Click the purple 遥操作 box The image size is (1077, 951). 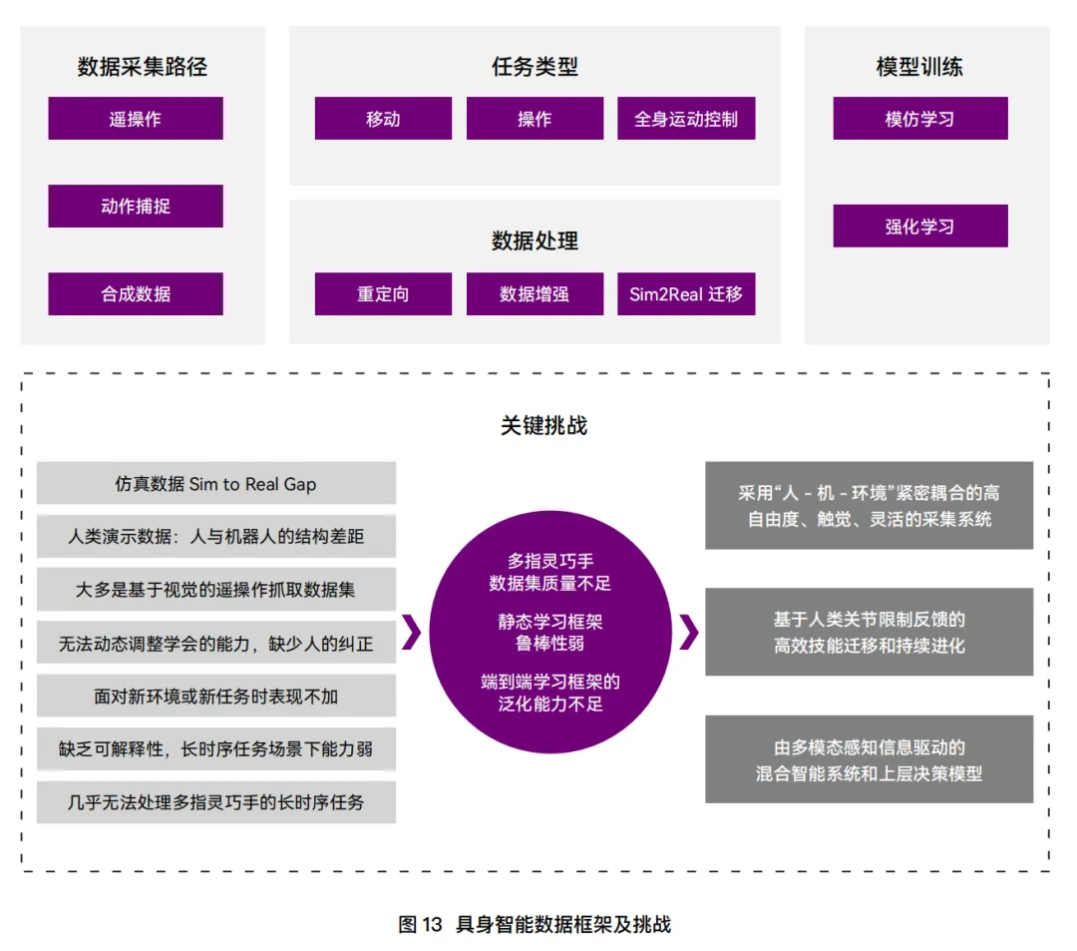(x=136, y=119)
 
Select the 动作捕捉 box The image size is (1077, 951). (x=136, y=207)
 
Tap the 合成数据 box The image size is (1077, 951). (x=136, y=294)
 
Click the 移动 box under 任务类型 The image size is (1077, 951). (x=383, y=119)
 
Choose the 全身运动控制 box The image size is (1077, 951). (x=686, y=119)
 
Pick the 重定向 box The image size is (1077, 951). (x=383, y=294)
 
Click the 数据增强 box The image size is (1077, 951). (x=535, y=294)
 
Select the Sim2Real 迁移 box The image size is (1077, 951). (x=686, y=294)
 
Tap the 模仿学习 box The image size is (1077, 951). (x=919, y=119)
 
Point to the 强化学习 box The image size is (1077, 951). (x=919, y=227)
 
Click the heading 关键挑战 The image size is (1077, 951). (x=543, y=426)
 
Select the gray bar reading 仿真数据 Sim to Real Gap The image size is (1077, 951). (x=215, y=484)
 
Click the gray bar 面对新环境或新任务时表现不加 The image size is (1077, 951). (x=215, y=697)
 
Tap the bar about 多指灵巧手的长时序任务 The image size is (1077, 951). (x=215, y=802)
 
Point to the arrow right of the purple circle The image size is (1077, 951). (x=688, y=633)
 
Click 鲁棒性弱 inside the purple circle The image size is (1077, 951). (x=550, y=644)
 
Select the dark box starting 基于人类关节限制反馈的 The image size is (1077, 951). (x=869, y=633)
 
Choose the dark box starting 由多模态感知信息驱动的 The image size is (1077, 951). (x=869, y=759)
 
